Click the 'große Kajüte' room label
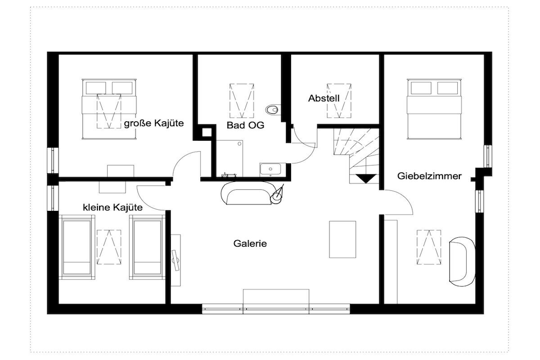tap(153, 123)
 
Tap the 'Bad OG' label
tap(245, 125)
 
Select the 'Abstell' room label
tap(324, 99)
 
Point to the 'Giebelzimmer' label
tap(429, 176)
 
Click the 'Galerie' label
tap(250, 244)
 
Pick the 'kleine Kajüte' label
tap(113, 208)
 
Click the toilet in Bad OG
tap(272, 110)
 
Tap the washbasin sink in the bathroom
tap(271, 169)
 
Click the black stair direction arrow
tap(366, 178)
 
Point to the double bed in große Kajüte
tap(109, 109)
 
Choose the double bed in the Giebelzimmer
tap(434, 109)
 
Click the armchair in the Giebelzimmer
tap(461, 261)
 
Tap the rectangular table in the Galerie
tap(342, 239)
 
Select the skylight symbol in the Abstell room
tap(339, 101)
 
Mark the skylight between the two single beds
tap(109, 247)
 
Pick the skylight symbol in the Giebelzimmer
tap(429, 247)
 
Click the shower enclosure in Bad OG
tap(229, 158)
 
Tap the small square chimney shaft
tap(206, 132)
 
